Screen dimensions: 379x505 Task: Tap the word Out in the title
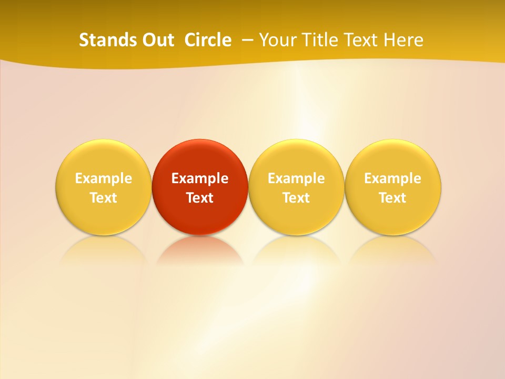click(x=156, y=40)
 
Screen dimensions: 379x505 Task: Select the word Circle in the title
click(x=208, y=40)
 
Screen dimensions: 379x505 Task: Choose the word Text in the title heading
click(x=361, y=40)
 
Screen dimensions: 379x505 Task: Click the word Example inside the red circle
click(x=200, y=178)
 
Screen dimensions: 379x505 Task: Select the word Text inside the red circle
click(x=200, y=198)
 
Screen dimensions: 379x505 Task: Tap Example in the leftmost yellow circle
click(x=103, y=178)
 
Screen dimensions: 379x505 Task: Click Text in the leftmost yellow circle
click(x=103, y=198)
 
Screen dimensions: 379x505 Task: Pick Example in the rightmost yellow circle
click(x=392, y=178)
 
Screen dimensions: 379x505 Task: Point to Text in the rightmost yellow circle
click(x=392, y=198)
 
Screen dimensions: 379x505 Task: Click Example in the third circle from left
click(x=296, y=178)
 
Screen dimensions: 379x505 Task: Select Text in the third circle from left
click(x=296, y=198)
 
